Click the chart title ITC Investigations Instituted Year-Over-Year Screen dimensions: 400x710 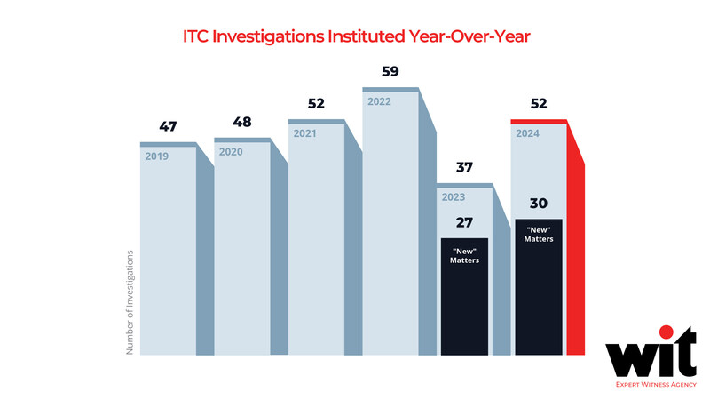tap(355, 38)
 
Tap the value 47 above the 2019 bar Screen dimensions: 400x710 tap(168, 127)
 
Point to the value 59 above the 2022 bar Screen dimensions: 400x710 tap(390, 72)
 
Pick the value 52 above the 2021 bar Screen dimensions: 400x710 tap(317, 104)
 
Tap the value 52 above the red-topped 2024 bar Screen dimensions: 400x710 tap(539, 104)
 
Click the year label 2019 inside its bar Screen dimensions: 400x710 tap(156, 156)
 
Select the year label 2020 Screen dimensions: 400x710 tap(231, 152)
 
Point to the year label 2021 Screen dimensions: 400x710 tap(305, 132)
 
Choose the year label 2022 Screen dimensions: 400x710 tap(380, 100)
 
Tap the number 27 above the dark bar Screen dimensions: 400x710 tap(464, 222)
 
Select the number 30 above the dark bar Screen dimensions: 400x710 tap(539, 203)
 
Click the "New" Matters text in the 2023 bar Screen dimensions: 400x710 tap(464, 255)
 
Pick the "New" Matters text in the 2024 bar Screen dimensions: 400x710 tap(539, 236)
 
